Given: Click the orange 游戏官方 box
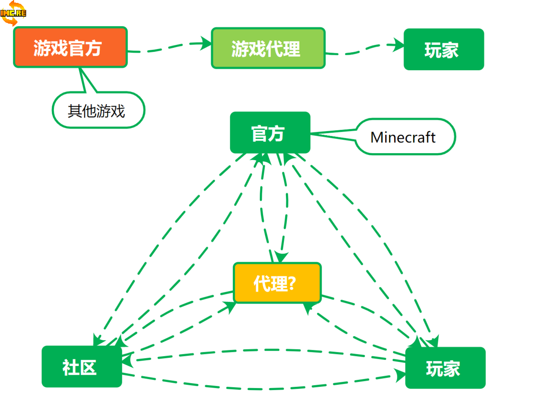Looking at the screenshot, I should (x=70, y=47).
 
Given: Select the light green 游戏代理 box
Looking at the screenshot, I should (x=268, y=48).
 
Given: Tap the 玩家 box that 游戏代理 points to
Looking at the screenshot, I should (x=444, y=49).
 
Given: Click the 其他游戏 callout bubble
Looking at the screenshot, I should (x=98, y=110).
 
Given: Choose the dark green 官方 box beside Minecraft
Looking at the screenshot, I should (x=270, y=133).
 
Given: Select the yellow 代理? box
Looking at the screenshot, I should (x=277, y=283).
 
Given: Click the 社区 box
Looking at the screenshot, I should (x=82, y=367).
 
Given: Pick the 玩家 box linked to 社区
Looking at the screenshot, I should (x=445, y=368).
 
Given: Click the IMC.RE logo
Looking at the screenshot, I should (x=13, y=13).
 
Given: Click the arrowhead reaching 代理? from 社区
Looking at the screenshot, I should (x=230, y=307).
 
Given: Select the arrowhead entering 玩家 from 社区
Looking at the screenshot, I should (x=400, y=376).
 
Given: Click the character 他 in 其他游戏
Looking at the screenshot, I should (x=89, y=111).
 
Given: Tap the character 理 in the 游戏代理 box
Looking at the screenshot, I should (x=292, y=49).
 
